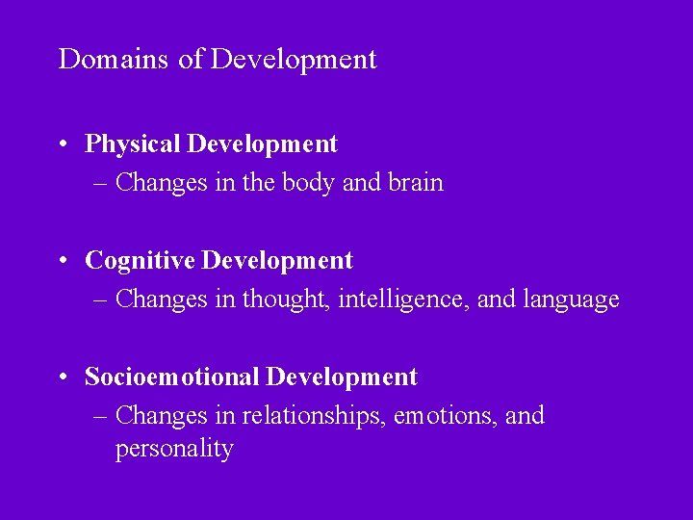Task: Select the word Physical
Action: tap(133, 144)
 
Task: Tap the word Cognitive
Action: tap(141, 261)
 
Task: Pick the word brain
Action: tap(416, 183)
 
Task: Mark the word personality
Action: tap(174, 449)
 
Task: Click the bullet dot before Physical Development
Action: tap(62, 145)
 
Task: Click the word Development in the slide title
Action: tap(294, 60)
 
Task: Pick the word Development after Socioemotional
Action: tap(342, 377)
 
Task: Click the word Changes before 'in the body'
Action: tap(158, 183)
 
